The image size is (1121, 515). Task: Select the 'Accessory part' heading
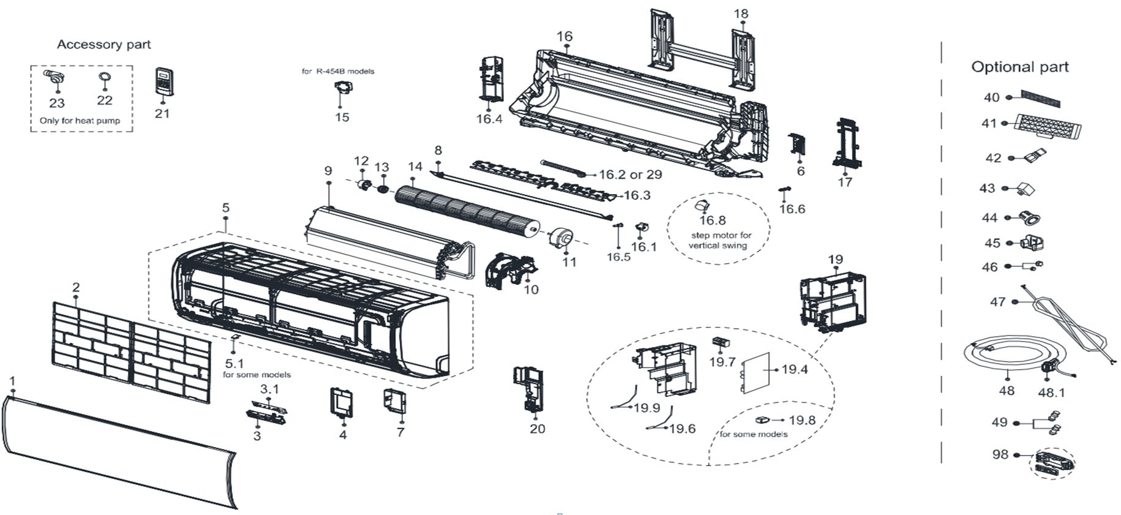pyautogui.click(x=103, y=45)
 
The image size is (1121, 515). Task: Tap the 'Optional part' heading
pyautogui.click(x=1020, y=67)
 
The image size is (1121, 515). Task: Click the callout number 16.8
pyautogui.click(x=713, y=220)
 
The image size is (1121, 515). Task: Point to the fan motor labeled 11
pyautogui.click(x=560, y=238)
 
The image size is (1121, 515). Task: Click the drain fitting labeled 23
pyautogui.click(x=53, y=79)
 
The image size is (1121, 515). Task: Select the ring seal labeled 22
pyautogui.click(x=103, y=77)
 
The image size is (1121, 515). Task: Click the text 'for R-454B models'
pyautogui.click(x=338, y=71)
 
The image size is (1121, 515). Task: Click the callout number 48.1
pyautogui.click(x=1051, y=393)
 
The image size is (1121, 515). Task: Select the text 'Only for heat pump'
pyautogui.click(x=80, y=121)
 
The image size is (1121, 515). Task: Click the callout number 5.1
pyautogui.click(x=234, y=364)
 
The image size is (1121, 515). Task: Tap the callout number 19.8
pyautogui.click(x=802, y=421)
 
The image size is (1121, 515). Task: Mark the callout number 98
pyautogui.click(x=1000, y=455)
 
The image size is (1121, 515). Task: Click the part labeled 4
pyautogui.click(x=343, y=402)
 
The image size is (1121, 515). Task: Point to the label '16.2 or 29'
pyautogui.click(x=631, y=175)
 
